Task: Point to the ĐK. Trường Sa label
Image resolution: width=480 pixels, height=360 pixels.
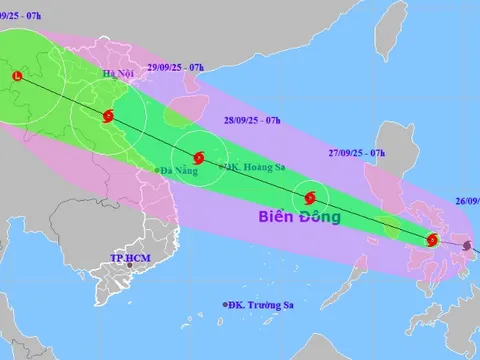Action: click(267, 304)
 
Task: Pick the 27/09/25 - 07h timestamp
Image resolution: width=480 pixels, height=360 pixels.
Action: click(357, 152)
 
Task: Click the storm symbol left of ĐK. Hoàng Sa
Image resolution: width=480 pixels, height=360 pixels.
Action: click(198, 157)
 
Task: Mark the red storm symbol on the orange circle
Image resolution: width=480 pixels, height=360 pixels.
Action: click(432, 239)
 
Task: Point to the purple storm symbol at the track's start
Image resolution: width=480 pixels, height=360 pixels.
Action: click(468, 244)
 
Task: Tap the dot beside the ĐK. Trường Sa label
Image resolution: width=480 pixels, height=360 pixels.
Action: click(227, 304)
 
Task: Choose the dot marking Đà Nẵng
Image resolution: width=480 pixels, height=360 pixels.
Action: click(157, 171)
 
